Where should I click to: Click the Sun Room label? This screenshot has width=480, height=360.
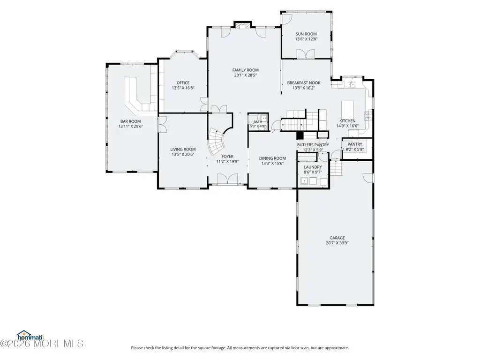point(306,34)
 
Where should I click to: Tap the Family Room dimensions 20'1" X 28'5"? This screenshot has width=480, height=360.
point(246,75)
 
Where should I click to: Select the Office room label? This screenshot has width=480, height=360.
point(183,82)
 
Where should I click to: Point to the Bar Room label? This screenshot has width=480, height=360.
point(131,121)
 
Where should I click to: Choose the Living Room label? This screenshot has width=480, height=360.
point(183,150)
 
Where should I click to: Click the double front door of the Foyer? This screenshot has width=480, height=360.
point(227,179)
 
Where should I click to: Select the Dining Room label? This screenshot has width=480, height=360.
point(272,158)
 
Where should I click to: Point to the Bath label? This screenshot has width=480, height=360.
point(258,122)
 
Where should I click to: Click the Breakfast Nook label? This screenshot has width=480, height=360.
point(304,82)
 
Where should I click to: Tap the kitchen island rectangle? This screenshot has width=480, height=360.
point(347,110)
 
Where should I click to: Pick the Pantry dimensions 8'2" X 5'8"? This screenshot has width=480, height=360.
point(355,150)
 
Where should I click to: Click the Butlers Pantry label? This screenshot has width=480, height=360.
point(313,145)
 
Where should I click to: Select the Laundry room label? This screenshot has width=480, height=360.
point(313,167)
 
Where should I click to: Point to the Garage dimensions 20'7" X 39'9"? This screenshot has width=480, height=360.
point(337,243)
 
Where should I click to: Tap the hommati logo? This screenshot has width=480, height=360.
point(30,336)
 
